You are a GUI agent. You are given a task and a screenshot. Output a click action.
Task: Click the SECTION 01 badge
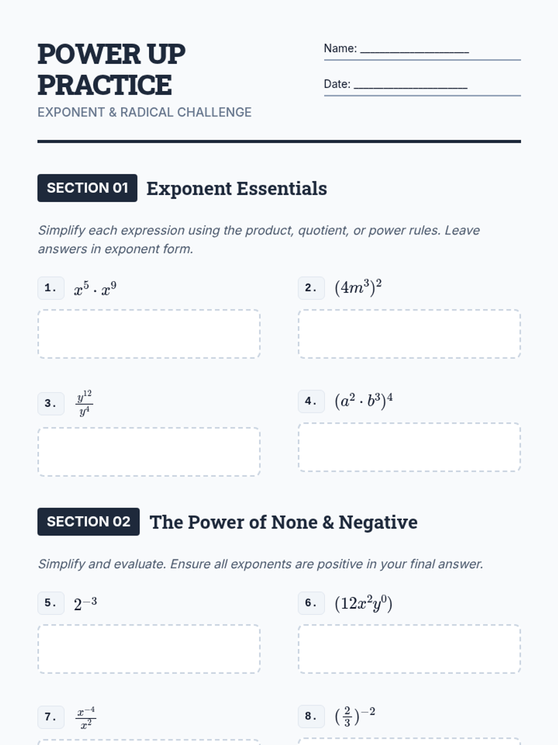point(87,188)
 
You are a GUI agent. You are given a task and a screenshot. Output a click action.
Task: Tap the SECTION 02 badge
point(88,521)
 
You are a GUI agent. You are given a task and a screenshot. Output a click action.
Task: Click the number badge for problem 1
point(51,288)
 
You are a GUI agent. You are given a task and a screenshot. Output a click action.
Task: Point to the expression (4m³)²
point(358,287)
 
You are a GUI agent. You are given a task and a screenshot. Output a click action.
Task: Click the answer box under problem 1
point(149,334)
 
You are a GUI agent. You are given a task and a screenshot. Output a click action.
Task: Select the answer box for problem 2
point(409,334)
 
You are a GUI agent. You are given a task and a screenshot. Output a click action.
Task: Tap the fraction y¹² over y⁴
point(84,403)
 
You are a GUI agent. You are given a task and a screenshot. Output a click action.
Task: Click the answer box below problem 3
point(149,452)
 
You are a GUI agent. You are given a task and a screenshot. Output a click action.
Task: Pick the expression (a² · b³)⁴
point(364,400)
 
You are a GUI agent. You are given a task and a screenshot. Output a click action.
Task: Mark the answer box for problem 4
point(409,447)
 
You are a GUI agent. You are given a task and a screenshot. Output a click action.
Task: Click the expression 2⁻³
point(85,603)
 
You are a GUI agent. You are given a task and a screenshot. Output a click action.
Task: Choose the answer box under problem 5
point(149,649)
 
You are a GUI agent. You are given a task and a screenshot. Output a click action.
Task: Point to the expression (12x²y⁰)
point(363,603)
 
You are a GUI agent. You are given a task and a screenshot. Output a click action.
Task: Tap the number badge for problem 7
point(51,717)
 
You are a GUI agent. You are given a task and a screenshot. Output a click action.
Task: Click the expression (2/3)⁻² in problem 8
point(355,716)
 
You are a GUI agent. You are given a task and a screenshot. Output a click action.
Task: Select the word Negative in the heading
point(378,522)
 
